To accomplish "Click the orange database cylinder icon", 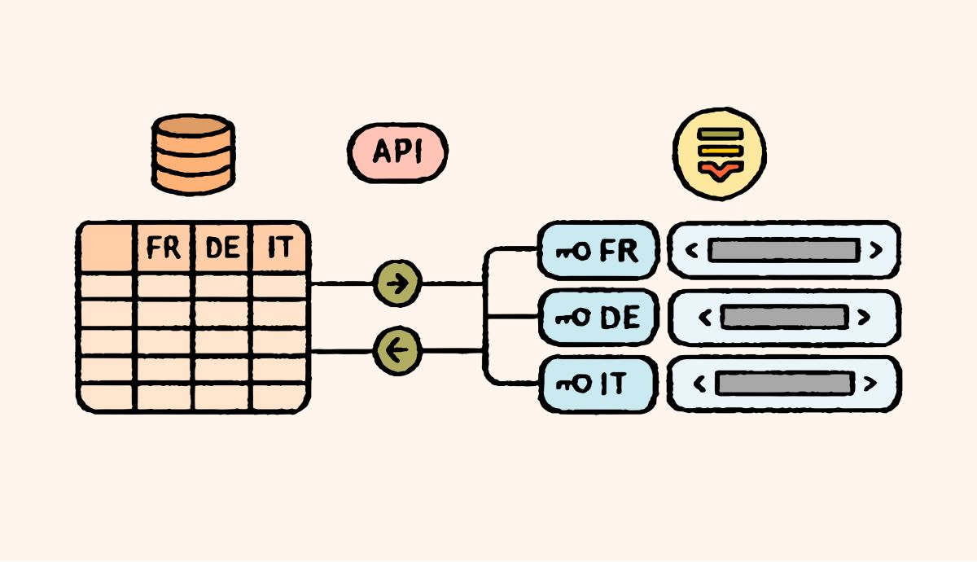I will [x=194, y=155].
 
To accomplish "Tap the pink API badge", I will [x=397, y=152].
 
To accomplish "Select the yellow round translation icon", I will [x=720, y=154].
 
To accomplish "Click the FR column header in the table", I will [x=164, y=247].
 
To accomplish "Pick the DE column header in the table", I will [x=222, y=247].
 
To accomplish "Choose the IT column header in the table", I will [x=279, y=247].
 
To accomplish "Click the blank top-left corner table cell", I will [x=107, y=247].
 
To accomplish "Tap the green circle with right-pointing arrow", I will [x=397, y=283].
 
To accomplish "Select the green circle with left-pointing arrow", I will [x=397, y=351].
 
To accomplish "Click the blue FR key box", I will [x=598, y=250].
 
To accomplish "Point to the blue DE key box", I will [x=598, y=318].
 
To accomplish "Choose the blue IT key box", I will [x=598, y=383].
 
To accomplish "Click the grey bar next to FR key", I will [x=782, y=250].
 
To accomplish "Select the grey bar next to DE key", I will [x=783, y=317].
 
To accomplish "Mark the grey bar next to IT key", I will [x=783, y=383].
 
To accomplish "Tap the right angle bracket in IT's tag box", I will [x=871, y=383].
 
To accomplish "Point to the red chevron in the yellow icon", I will [x=720, y=169].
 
